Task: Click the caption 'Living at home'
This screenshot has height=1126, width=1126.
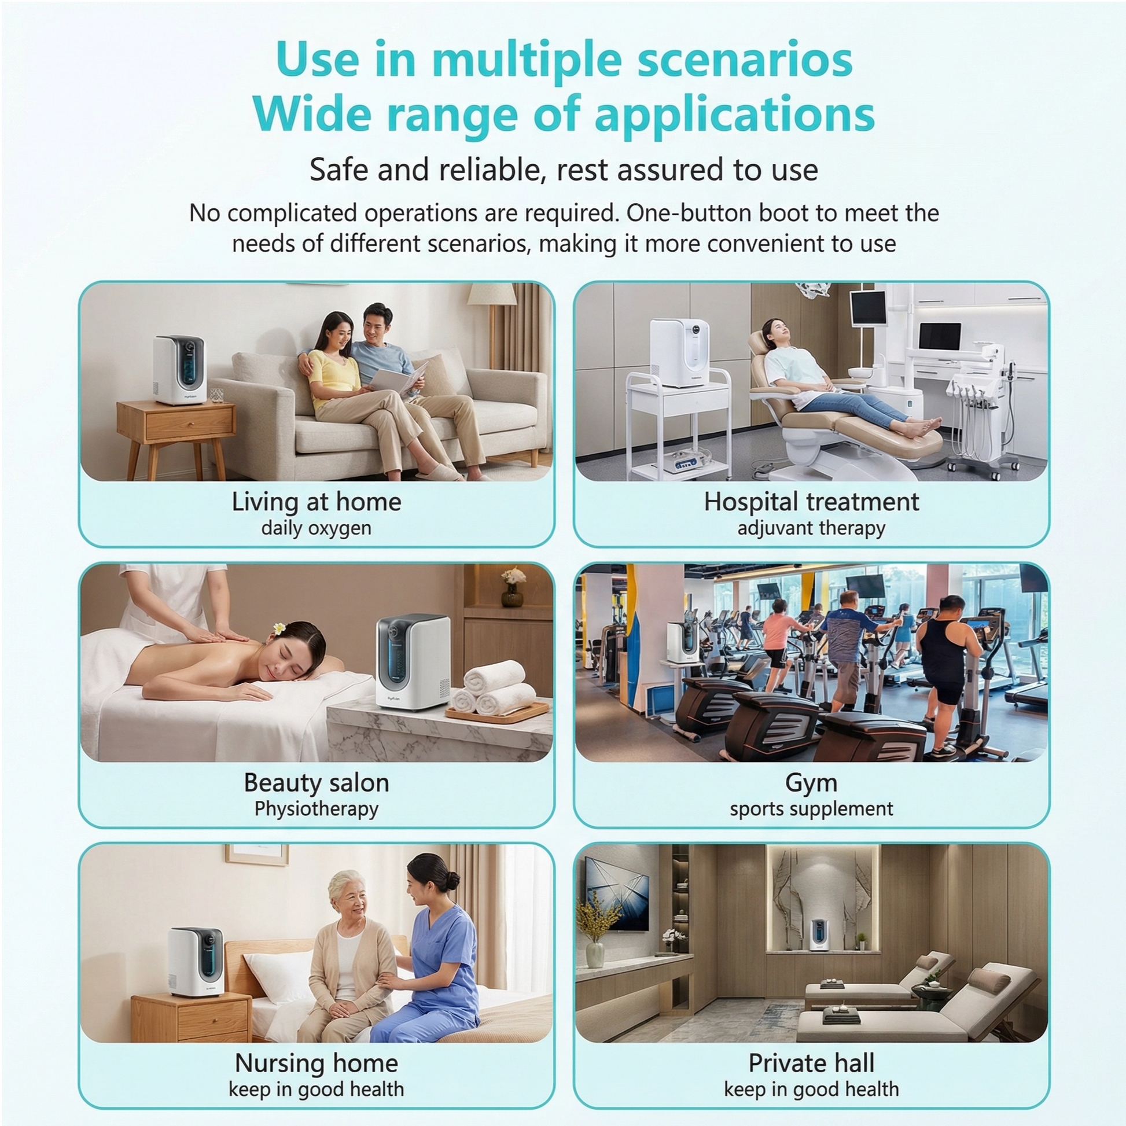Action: click(x=317, y=502)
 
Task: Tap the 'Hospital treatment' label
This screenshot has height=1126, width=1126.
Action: click(x=811, y=502)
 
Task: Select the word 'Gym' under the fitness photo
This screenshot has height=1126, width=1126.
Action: click(x=811, y=783)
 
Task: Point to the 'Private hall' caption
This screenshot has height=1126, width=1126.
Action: click(x=811, y=1063)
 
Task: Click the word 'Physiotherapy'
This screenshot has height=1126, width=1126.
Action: click(x=317, y=809)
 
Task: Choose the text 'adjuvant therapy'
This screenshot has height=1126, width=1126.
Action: click(x=811, y=528)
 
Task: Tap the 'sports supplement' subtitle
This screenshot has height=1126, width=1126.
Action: click(x=811, y=809)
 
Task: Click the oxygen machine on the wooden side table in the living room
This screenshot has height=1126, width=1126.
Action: click(x=179, y=370)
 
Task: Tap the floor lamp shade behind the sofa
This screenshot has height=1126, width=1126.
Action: click(x=492, y=295)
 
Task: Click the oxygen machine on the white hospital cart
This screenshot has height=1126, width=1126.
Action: click(x=680, y=352)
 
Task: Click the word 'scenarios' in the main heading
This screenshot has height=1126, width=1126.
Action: click(x=745, y=60)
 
